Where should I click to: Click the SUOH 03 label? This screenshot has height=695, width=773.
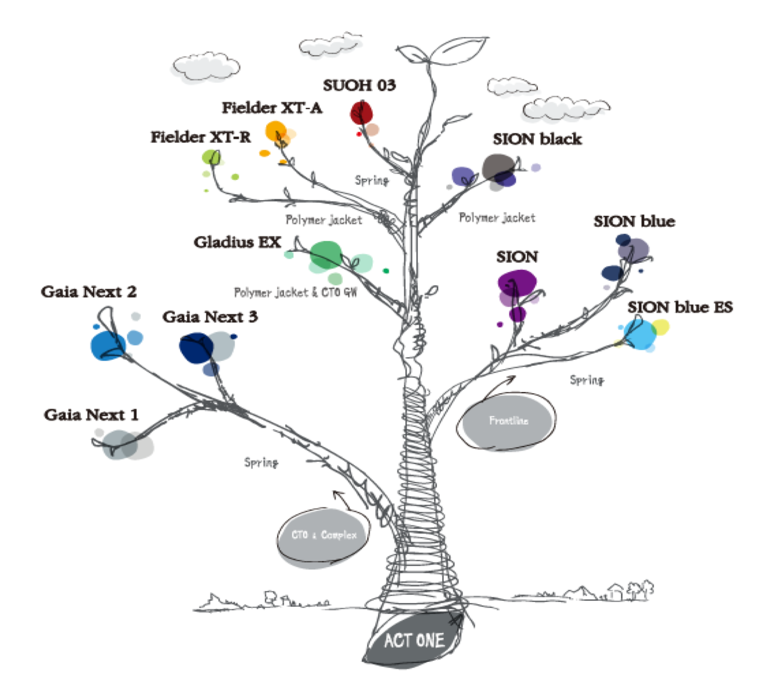359,85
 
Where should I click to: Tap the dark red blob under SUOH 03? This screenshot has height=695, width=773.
361,112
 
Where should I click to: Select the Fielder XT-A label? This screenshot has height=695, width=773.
272,107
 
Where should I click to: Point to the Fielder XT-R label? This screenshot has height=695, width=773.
200,137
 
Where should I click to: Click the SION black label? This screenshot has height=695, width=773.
537,139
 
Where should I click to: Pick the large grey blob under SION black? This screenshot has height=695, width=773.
498,166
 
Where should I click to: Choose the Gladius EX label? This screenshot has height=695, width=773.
237,242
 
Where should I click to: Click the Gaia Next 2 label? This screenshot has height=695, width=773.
89,292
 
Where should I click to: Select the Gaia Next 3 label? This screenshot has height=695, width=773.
210,317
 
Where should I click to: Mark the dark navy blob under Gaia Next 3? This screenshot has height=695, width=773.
196,347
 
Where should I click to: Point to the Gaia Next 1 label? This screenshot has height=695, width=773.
91,415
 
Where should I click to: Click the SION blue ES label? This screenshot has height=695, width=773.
680,307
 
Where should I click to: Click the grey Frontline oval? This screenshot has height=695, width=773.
508,421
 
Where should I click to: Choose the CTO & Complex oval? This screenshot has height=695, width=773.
324,535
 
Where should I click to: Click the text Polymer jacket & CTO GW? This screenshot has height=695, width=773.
295,292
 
